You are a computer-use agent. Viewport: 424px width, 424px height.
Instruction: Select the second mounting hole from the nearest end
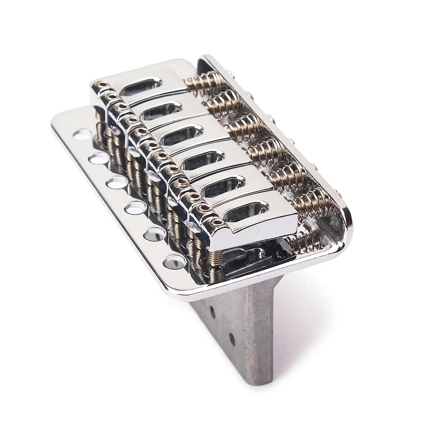(x=155, y=234)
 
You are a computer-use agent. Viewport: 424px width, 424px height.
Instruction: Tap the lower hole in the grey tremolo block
(x=232, y=339)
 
